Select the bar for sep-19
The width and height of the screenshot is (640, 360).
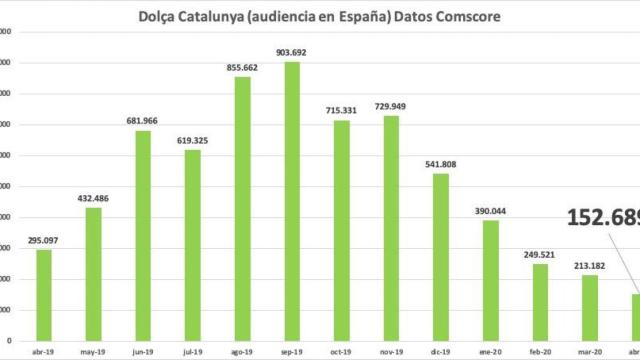[x=292, y=200]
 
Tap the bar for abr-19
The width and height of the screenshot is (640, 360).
[x=44, y=295]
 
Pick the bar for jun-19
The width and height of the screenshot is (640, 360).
[x=143, y=235]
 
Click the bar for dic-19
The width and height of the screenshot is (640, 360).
[x=440, y=257]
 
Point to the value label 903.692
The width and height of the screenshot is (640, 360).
[x=292, y=52]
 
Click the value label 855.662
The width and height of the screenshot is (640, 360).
[x=242, y=67]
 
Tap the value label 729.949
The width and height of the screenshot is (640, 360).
[x=391, y=107]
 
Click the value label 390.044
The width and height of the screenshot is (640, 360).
[x=490, y=211]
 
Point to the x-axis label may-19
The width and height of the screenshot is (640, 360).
[x=93, y=351]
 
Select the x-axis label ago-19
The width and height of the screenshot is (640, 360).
[x=242, y=351]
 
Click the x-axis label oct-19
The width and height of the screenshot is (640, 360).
[x=341, y=351]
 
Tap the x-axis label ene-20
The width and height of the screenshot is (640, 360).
[x=490, y=351]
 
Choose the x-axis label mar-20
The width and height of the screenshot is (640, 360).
[x=589, y=351]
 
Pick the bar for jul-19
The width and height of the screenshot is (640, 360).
[x=192, y=245]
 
